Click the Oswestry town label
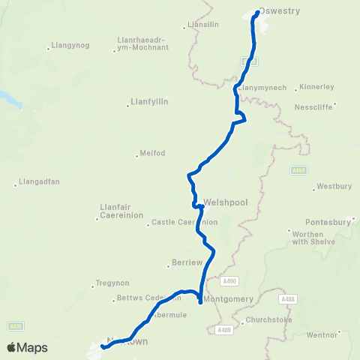(x=279, y=12)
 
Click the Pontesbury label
(x=328, y=222)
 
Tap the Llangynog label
(x=69, y=45)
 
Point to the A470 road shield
(x=16, y=325)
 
